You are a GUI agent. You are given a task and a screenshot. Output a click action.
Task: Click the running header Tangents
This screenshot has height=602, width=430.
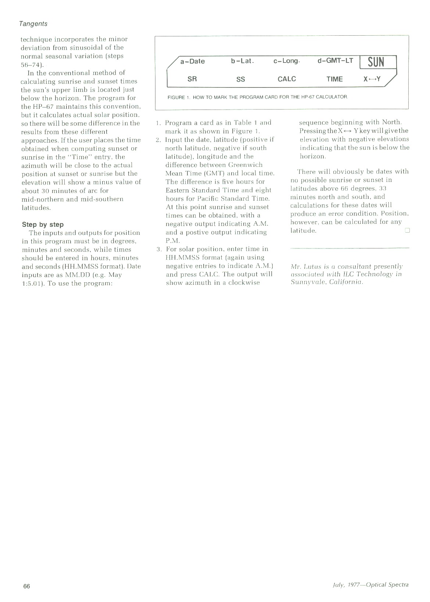coord(33,24)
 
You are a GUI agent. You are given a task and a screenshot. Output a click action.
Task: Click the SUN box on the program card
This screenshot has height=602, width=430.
coord(377,62)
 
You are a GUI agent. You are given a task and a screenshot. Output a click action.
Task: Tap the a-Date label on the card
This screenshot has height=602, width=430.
coord(192,61)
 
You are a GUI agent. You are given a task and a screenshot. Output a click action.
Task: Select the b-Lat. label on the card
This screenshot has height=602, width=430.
coord(243,61)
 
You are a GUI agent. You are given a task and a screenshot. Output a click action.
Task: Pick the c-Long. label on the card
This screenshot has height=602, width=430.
coord(287,61)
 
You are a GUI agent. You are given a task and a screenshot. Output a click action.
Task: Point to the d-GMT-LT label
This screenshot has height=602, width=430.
coord(335,61)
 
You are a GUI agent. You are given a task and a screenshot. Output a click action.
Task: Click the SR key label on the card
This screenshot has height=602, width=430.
coord(192,79)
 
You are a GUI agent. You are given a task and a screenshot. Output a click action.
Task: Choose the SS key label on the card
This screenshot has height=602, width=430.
coord(241,79)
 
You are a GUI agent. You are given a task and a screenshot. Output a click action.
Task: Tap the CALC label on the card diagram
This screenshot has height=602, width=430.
coord(287,79)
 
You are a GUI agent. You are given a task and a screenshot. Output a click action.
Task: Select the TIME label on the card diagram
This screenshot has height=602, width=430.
coord(334,79)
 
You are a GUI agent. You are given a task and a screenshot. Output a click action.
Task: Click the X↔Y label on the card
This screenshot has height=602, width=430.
coord(372,79)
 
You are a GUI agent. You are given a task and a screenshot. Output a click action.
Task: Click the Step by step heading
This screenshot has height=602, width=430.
coord(43,225)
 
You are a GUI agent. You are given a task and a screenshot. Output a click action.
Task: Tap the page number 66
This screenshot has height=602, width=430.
coord(26,586)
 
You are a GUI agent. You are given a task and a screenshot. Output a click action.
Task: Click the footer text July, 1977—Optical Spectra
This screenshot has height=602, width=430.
coord(368,585)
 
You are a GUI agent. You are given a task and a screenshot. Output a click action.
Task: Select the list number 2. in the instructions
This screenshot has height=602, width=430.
coord(158,140)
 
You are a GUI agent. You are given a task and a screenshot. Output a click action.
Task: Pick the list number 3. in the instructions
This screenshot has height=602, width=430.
coord(159,250)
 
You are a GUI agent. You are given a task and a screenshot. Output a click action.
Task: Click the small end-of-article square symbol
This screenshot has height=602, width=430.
coord(407,230)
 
